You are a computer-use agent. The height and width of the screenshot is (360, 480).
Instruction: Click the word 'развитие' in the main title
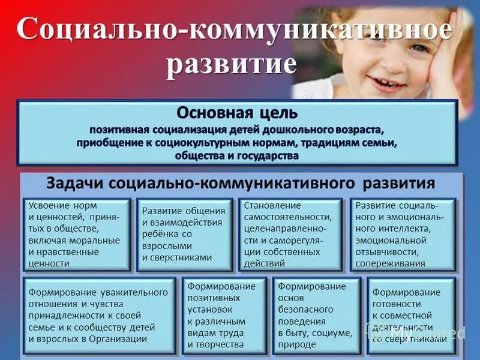point(231,64)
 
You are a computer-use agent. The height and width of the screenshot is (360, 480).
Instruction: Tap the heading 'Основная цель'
point(236,113)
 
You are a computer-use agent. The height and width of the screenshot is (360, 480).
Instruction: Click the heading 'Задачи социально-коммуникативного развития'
point(240,184)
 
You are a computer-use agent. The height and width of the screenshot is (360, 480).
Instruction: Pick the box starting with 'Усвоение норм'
point(77,234)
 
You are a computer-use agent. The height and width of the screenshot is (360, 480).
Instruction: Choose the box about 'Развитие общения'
point(184,234)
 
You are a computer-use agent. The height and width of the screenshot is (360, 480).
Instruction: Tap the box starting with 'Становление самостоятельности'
point(290,234)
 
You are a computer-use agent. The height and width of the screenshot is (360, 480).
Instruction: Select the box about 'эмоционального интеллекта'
point(403,234)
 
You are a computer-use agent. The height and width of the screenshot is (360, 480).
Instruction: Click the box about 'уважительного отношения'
point(100,316)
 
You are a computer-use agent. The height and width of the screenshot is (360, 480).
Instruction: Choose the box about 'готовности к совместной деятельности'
point(411,316)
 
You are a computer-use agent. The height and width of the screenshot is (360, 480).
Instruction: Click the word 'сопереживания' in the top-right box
point(390,263)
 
